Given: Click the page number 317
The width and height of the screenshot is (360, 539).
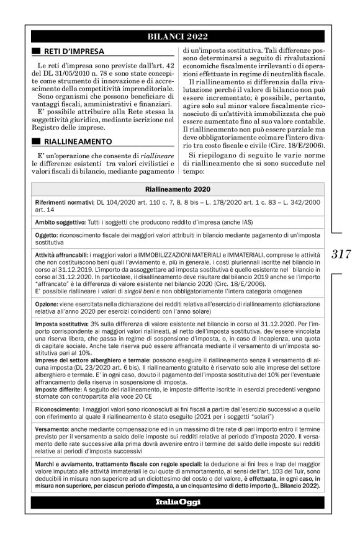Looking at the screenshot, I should [341, 254].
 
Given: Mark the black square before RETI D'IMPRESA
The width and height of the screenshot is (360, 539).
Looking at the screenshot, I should [37, 50].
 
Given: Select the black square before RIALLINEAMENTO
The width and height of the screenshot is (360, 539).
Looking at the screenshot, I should [37, 141].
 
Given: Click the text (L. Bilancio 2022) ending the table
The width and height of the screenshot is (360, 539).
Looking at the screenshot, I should [290, 486].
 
